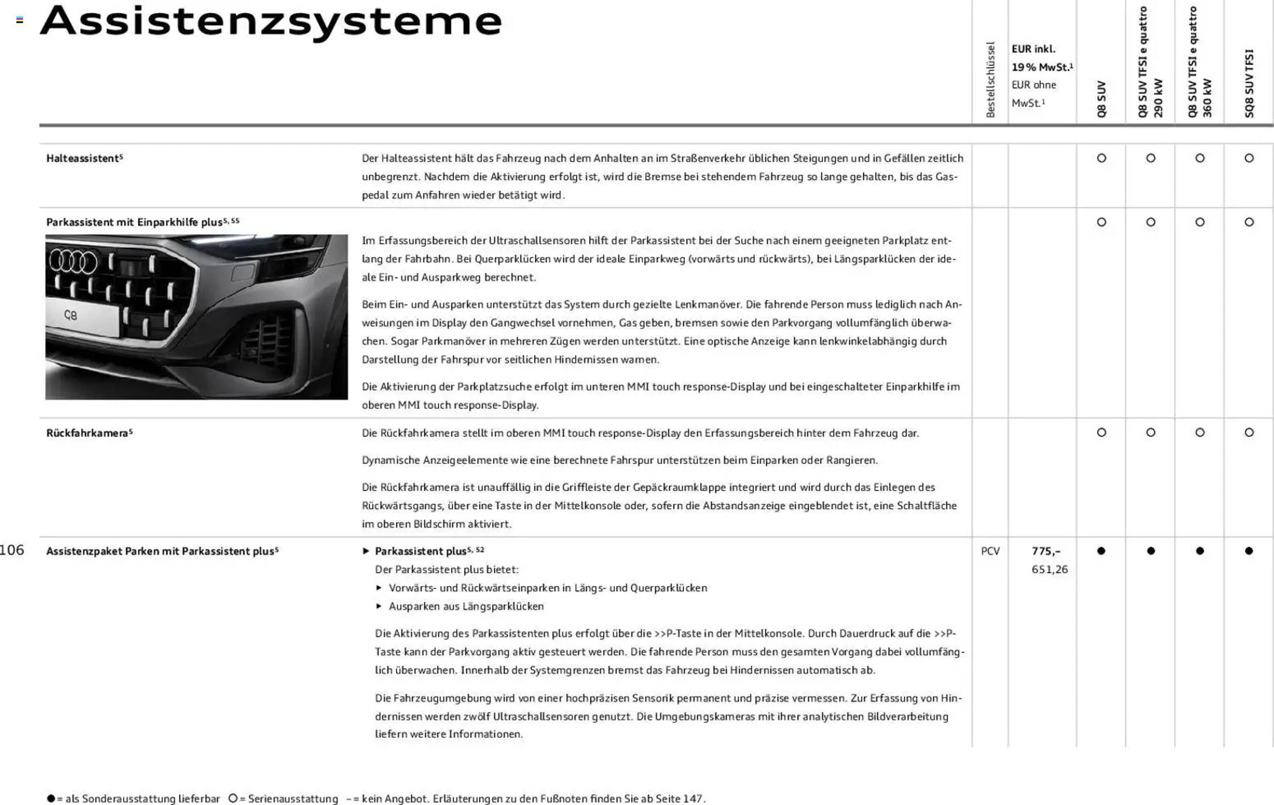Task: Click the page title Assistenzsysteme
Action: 271,22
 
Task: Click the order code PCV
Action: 990,551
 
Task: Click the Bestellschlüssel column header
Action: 990,79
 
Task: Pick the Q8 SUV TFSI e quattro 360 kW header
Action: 1200,62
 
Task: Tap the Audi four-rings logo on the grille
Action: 74,262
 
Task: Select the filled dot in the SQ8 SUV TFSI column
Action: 1249,551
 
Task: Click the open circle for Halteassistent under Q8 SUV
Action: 1101,158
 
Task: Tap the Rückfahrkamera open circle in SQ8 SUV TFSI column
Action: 1249,432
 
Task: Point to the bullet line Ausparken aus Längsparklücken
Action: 466,607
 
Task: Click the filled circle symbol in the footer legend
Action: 51,798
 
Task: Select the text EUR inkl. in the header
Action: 1033,49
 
